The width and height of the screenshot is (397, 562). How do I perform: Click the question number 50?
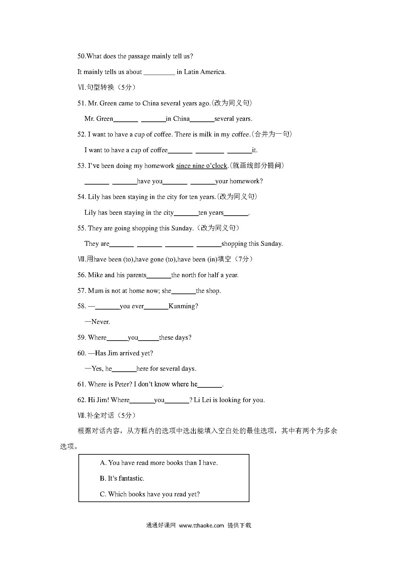point(81,56)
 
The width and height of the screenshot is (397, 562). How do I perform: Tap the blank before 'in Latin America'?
point(159,72)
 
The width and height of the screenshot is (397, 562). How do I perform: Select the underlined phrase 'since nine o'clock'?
point(201,166)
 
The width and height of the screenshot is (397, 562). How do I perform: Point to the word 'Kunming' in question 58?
point(183,306)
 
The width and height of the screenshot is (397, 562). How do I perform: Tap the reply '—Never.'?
point(97,322)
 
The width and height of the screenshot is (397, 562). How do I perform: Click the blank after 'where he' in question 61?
point(210,385)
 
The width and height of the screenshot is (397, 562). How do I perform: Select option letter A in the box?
point(103,463)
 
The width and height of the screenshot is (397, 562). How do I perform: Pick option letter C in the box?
point(103,494)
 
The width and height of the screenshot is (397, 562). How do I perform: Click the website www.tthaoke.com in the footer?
point(201,525)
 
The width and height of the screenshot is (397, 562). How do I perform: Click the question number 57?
point(81,291)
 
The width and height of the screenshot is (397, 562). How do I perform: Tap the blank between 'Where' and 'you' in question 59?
point(117,338)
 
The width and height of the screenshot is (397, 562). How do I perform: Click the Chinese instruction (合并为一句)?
point(272,135)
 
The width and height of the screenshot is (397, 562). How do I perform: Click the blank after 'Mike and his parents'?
point(159,276)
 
